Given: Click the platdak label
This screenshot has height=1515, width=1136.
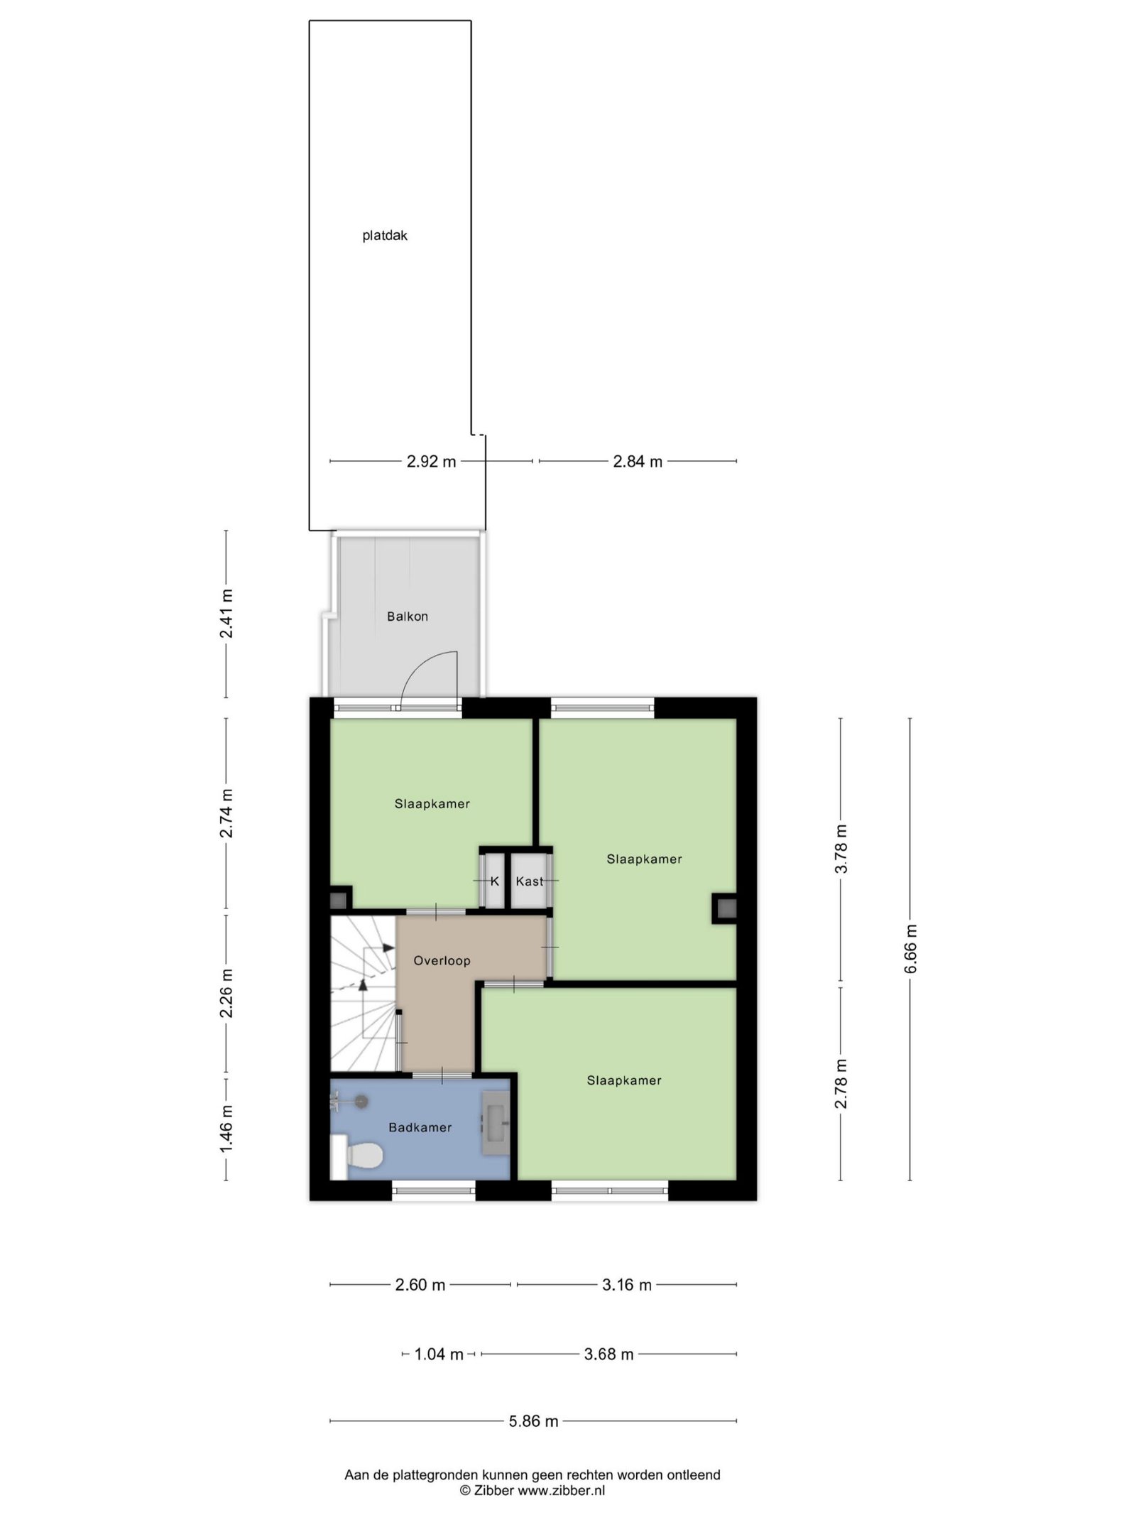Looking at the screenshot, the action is [x=385, y=236].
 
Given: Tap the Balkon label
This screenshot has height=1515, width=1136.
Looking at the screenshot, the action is [x=408, y=617].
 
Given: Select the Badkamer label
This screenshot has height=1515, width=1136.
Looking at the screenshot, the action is [x=420, y=1127].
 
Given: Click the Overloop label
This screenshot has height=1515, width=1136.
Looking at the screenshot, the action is [x=442, y=961].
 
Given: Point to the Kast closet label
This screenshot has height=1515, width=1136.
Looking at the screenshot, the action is [x=530, y=881].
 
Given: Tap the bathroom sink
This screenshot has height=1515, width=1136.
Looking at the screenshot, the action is [x=496, y=1122].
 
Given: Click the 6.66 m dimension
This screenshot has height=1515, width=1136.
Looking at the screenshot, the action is [x=911, y=950].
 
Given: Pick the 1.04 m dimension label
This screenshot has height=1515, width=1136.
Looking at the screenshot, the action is [x=439, y=1354].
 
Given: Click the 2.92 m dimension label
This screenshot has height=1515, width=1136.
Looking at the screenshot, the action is [x=431, y=462].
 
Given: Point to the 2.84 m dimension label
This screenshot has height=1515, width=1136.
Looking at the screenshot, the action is [x=638, y=462].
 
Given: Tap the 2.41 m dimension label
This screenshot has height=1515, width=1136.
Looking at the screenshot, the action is [x=226, y=614].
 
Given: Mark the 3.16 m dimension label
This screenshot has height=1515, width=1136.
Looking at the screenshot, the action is [x=627, y=1285].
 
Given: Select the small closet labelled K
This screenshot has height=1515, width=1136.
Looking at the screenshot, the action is [x=495, y=881].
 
